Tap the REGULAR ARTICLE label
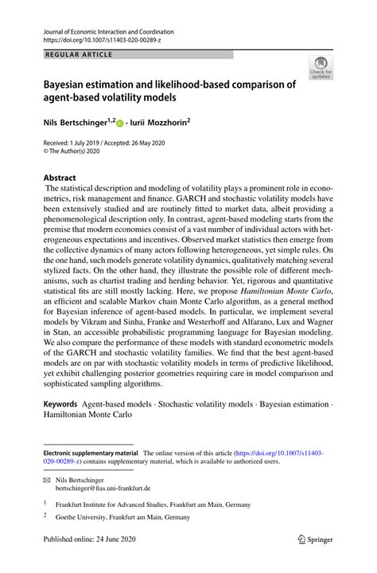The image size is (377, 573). pyautogui.click(x=80, y=54)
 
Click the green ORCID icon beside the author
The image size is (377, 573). pyautogui.click(x=121, y=124)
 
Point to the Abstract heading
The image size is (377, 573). pyautogui.click(x=60, y=178)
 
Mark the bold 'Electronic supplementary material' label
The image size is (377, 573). pyautogui.click(x=91, y=452)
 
